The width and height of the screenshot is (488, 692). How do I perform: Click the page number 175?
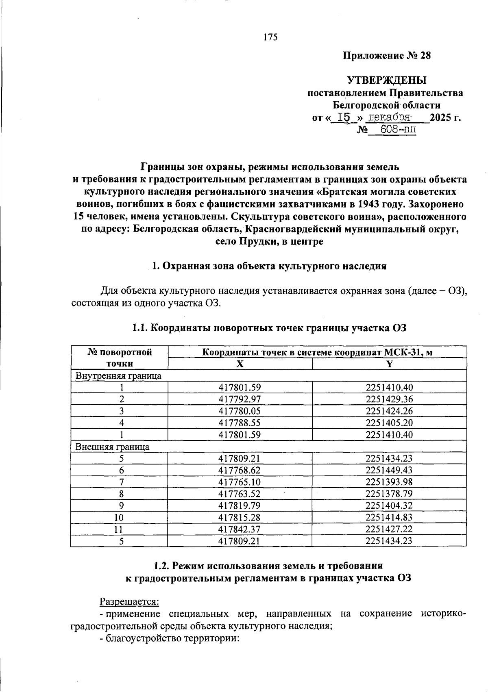[270, 37]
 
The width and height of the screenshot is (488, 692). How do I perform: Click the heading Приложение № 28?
[386, 56]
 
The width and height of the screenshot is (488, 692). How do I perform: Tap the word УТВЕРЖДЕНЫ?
[386, 80]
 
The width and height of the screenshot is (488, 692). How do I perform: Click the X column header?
[240, 364]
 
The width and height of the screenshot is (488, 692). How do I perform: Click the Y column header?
[389, 364]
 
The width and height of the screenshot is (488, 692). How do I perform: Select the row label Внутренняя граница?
[118, 375]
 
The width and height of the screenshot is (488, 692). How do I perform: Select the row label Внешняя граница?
[113, 447]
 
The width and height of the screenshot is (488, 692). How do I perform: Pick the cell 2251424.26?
[389, 411]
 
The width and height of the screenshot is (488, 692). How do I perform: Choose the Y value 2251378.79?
[389, 494]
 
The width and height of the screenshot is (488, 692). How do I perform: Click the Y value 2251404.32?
[389, 505]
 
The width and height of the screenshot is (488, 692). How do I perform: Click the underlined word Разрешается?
[129, 601]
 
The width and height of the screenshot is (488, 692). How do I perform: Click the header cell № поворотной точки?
[120, 358]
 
